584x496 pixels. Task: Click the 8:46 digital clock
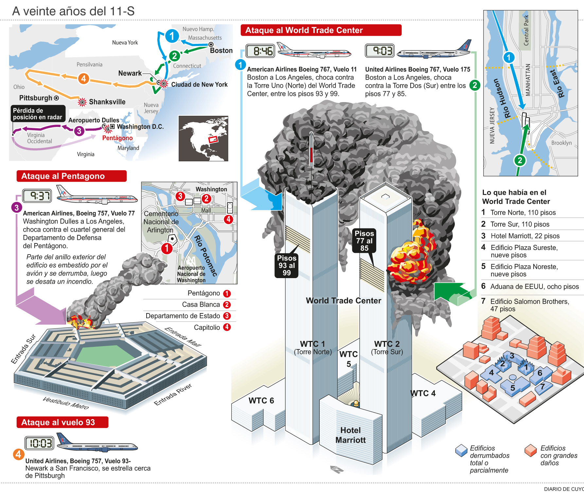(260, 51)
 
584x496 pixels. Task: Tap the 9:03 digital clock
(380, 51)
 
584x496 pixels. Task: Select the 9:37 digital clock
(37, 196)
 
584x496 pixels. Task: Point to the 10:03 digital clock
(39, 443)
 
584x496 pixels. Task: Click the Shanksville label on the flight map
(107, 102)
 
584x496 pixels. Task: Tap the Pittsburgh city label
(36, 98)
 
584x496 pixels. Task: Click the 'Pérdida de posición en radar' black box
(38, 114)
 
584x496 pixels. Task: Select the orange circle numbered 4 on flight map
(83, 79)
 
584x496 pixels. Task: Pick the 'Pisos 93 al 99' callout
(287, 265)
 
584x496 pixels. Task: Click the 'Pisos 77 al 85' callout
(364, 241)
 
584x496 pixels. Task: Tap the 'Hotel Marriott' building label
(350, 435)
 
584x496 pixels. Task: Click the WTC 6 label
(261, 400)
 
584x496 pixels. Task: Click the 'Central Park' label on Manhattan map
(526, 30)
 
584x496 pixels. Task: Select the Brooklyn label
(561, 143)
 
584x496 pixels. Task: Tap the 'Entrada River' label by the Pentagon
(173, 395)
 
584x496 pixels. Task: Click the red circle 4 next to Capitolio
(227, 327)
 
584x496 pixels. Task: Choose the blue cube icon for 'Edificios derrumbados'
(461, 450)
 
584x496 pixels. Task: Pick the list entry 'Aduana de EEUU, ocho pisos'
(534, 287)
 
